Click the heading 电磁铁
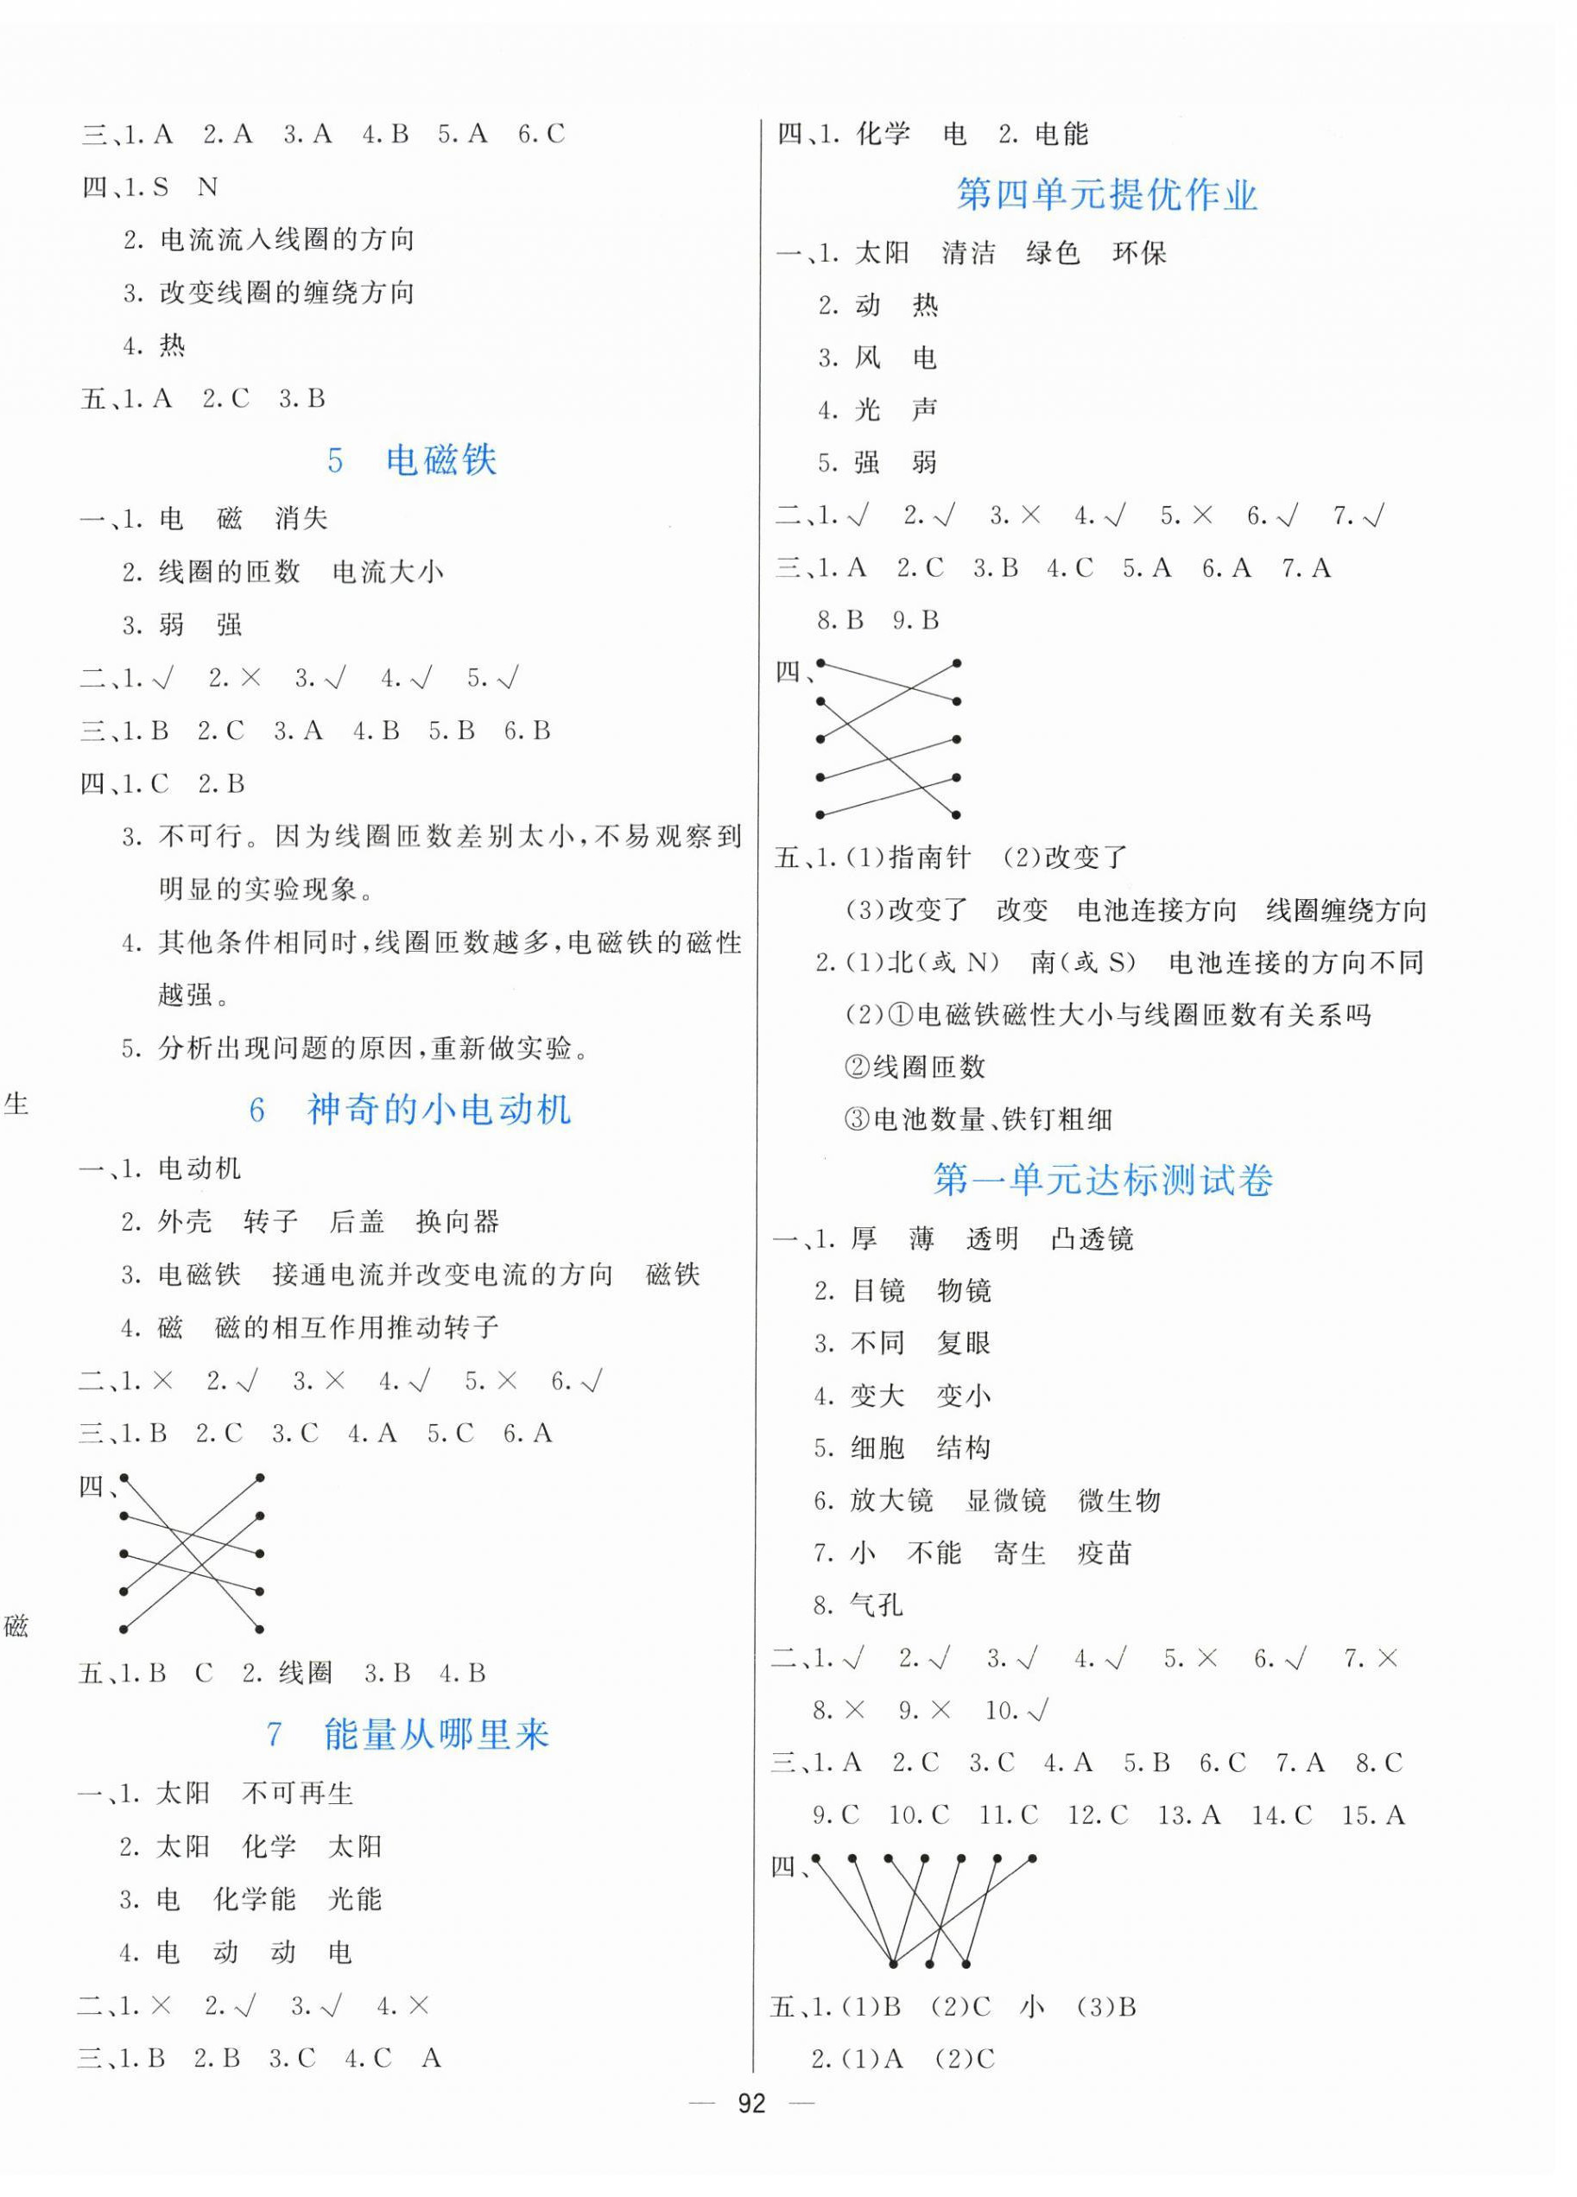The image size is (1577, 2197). tap(440, 460)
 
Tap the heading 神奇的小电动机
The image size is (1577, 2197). tap(439, 1109)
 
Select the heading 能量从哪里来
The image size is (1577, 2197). tap(436, 1734)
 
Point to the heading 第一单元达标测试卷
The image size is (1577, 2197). tap(1102, 1180)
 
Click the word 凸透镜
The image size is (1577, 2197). tap(1092, 1239)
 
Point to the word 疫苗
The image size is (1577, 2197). tap(1105, 1554)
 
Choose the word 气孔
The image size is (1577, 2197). tap(876, 1606)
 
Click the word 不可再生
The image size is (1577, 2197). tap(297, 1794)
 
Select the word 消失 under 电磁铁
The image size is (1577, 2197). tap(301, 519)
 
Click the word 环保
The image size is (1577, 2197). tap(1139, 254)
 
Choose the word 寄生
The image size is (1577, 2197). tap(1020, 1554)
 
